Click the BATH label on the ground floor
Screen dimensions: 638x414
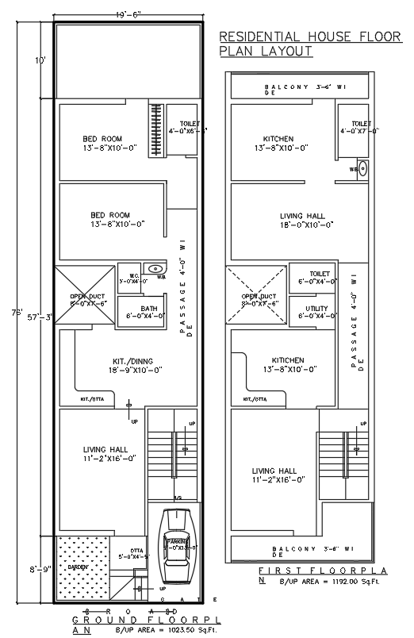point(148,309)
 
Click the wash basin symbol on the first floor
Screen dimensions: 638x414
point(362,168)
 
